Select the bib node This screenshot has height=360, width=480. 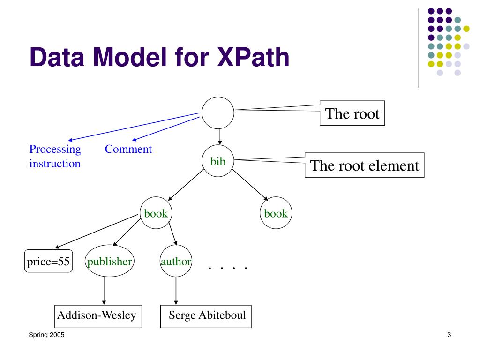click(x=218, y=161)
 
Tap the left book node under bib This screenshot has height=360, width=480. click(x=156, y=213)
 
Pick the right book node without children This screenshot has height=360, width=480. click(x=276, y=213)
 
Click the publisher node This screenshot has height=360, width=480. click(x=109, y=261)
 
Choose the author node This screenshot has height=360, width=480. click(x=176, y=261)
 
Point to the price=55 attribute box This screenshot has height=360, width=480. click(x=48, y=261)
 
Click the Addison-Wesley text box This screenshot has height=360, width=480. click(x=98, y=316)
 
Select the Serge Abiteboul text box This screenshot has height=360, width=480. click(x=206, y=316)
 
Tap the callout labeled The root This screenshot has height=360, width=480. click(x=352, y=113)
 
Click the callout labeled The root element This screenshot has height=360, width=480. click(x=364, y=165)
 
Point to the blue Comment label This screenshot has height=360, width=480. click(x=128, y=149)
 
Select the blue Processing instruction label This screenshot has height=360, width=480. click(x=55, y=156)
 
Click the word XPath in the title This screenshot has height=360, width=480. click(x=253, y=57)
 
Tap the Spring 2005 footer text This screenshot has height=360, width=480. click(x=46, y=335)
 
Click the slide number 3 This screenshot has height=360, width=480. click(x=449, y=335)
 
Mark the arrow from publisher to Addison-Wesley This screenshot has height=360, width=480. click(x=104, y=291)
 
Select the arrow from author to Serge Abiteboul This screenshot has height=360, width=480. click(x=176, y=291)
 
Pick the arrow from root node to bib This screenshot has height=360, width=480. click(x=220, y=137)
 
